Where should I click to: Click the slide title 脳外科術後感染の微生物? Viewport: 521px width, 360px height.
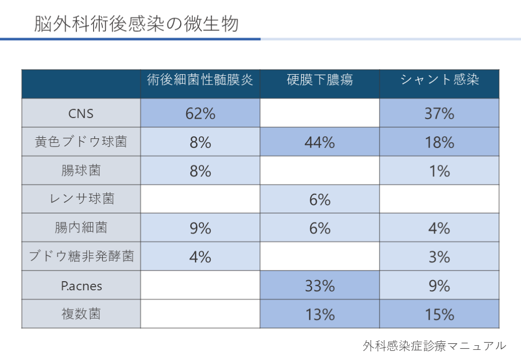click(x=136, y=24)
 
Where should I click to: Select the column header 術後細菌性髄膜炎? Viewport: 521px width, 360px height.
click(x=200, y=80)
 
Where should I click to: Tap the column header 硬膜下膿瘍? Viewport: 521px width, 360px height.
click(x=320, y=80)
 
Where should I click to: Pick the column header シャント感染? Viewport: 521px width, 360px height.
click(x=440, y=80)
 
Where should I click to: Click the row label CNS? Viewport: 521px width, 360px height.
click(x=81, y=113)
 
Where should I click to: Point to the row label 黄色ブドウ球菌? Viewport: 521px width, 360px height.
click(x=81, y=142)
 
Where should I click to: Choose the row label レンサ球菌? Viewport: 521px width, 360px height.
click(x=81, y=199)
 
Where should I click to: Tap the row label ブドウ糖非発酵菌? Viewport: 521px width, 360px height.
click(x=81, y=256)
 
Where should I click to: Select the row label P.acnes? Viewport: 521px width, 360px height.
click(x=81, y=286)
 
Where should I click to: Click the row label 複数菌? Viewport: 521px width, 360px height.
click(x=81, y=314)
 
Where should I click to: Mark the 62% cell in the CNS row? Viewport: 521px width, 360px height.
click(x=200, y=113)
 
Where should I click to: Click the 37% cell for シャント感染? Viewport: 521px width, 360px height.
click(x=440, y=113)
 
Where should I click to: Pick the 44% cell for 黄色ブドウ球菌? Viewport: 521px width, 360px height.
click(x=320, y=142)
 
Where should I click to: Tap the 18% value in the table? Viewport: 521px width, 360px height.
click(x=440, y=142)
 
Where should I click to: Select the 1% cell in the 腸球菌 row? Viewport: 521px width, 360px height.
click(x=440, y=171)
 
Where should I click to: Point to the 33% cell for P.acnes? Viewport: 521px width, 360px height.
click(x=320, y=286)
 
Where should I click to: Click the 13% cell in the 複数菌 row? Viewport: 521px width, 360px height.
click(x=320, y=314)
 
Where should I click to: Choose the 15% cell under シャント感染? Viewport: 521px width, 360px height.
click(x=440, y=314)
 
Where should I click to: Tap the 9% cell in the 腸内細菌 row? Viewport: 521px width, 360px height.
click(x=200, y=228)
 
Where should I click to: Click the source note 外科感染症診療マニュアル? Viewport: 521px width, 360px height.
click(x=435, y=346)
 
